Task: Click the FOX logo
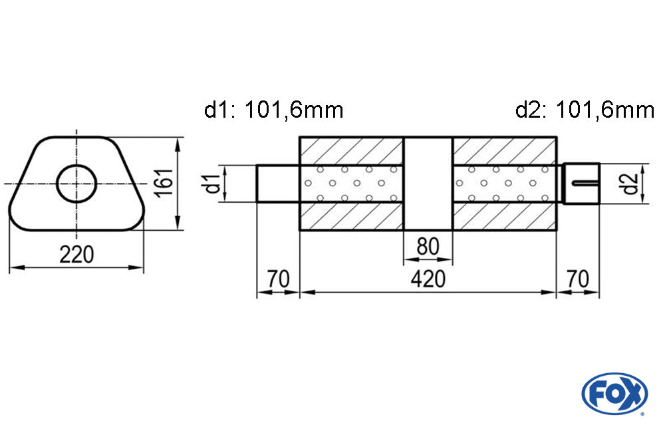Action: [x=614, y=393]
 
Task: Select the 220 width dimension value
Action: [x=77, y=255]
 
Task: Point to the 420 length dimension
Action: [x=427, y=279]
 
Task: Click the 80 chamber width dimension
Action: [x=428, y=247]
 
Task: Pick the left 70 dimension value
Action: [x=279, y=279]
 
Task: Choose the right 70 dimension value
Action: [x=578, y=279]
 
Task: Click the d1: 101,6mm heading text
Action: [x=273, y=110]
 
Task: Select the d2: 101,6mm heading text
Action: [x=585, y=110]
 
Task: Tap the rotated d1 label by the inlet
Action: [x=212, y=183]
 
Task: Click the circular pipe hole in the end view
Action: [x=76, y=182]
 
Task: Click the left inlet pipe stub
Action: [x=279, y=183]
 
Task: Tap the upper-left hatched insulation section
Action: [x=352, y=150]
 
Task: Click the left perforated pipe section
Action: [x=352, y=183]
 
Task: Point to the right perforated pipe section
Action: [x=503, y=183]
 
